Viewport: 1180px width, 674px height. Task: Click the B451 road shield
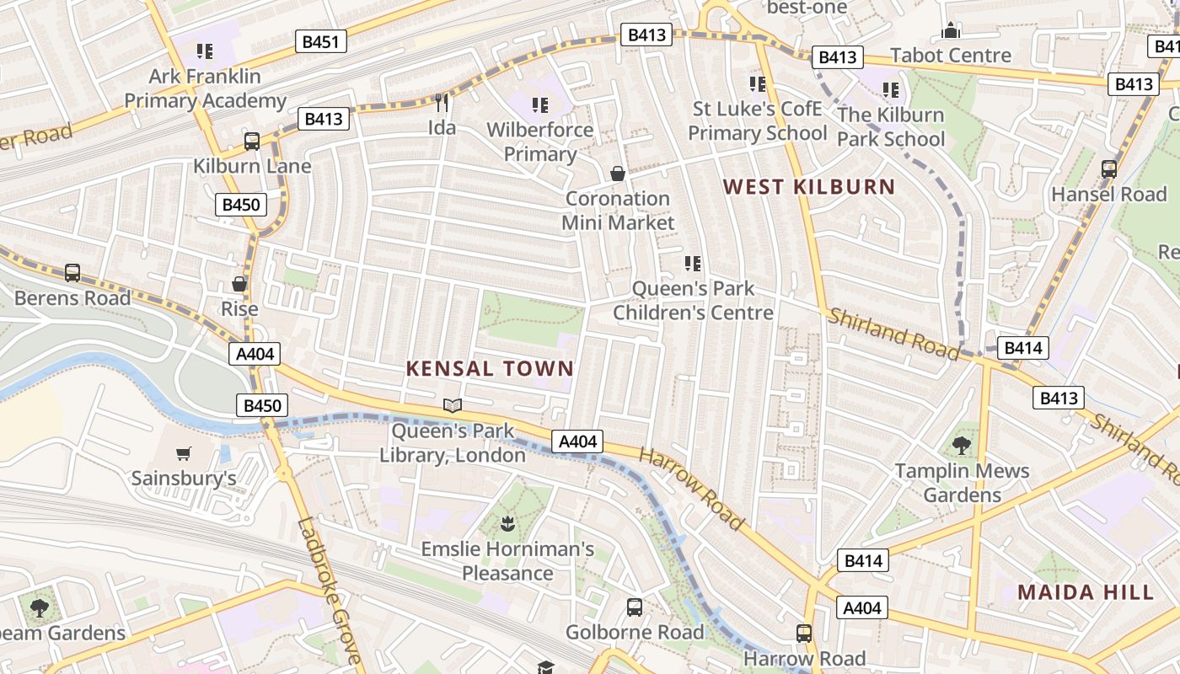coord(321,41)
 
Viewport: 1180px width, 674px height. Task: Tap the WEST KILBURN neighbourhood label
coord(809,187)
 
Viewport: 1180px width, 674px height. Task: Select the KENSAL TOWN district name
coord(490,368)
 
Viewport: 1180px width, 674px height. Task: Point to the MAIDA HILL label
coord(1086,592)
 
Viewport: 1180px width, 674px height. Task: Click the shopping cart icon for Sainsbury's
coord(184,454)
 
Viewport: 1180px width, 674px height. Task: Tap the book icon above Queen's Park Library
coord(453,406)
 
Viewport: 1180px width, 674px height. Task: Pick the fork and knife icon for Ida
coord(442,103)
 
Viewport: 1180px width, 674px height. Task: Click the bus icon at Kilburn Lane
coord(251,141)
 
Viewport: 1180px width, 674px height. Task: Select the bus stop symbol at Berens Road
coord(72,273)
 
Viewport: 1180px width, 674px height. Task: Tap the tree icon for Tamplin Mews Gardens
coord(962,446)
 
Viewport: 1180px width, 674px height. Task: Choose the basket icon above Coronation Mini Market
coord(618,174)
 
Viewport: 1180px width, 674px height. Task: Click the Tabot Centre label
coord(951,56)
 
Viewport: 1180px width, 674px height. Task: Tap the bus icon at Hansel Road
coord(1109,169)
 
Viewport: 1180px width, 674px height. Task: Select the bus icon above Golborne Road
coord(635,607)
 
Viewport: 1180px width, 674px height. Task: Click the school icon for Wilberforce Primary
coord(540,105)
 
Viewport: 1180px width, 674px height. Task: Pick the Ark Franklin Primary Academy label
coord(206,88)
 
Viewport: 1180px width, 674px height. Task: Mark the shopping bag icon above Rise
coord(239,284)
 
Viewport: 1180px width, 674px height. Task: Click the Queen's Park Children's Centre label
coord(693,301)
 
